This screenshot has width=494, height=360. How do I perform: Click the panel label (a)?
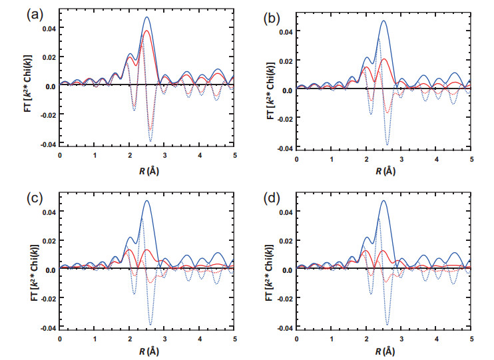pos(35,15)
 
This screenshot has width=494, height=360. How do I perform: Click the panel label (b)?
pos(272,19)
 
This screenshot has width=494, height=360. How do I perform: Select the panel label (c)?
pos(35,198)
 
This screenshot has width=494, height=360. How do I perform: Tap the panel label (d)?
pos(272,198)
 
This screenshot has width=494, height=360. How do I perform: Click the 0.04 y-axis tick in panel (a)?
pos(49,28)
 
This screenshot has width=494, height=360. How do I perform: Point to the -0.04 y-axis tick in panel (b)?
pos(285,148)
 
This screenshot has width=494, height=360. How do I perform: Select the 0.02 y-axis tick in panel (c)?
pos(49,241)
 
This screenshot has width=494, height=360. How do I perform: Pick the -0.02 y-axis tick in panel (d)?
pos(285,299)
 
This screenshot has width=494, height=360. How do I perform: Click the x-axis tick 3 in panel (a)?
pos(164,156)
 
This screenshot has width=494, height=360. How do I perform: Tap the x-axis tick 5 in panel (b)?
pos(471,159)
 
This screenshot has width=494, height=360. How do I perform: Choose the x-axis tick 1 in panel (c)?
pos(95,339)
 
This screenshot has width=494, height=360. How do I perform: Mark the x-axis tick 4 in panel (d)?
pos(437,339)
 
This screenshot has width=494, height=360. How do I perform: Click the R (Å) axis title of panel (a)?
pos(148,171)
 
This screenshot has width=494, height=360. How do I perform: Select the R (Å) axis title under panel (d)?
pos(385,351)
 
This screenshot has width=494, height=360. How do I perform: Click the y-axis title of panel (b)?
pos(271,90)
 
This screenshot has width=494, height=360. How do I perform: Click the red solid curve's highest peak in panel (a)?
pos(146,31)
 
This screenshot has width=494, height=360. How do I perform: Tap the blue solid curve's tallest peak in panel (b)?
pos(383,21)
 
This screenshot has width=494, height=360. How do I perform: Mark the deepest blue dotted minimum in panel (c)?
pos(150,325)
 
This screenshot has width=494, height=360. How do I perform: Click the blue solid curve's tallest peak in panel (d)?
pos(383,200)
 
